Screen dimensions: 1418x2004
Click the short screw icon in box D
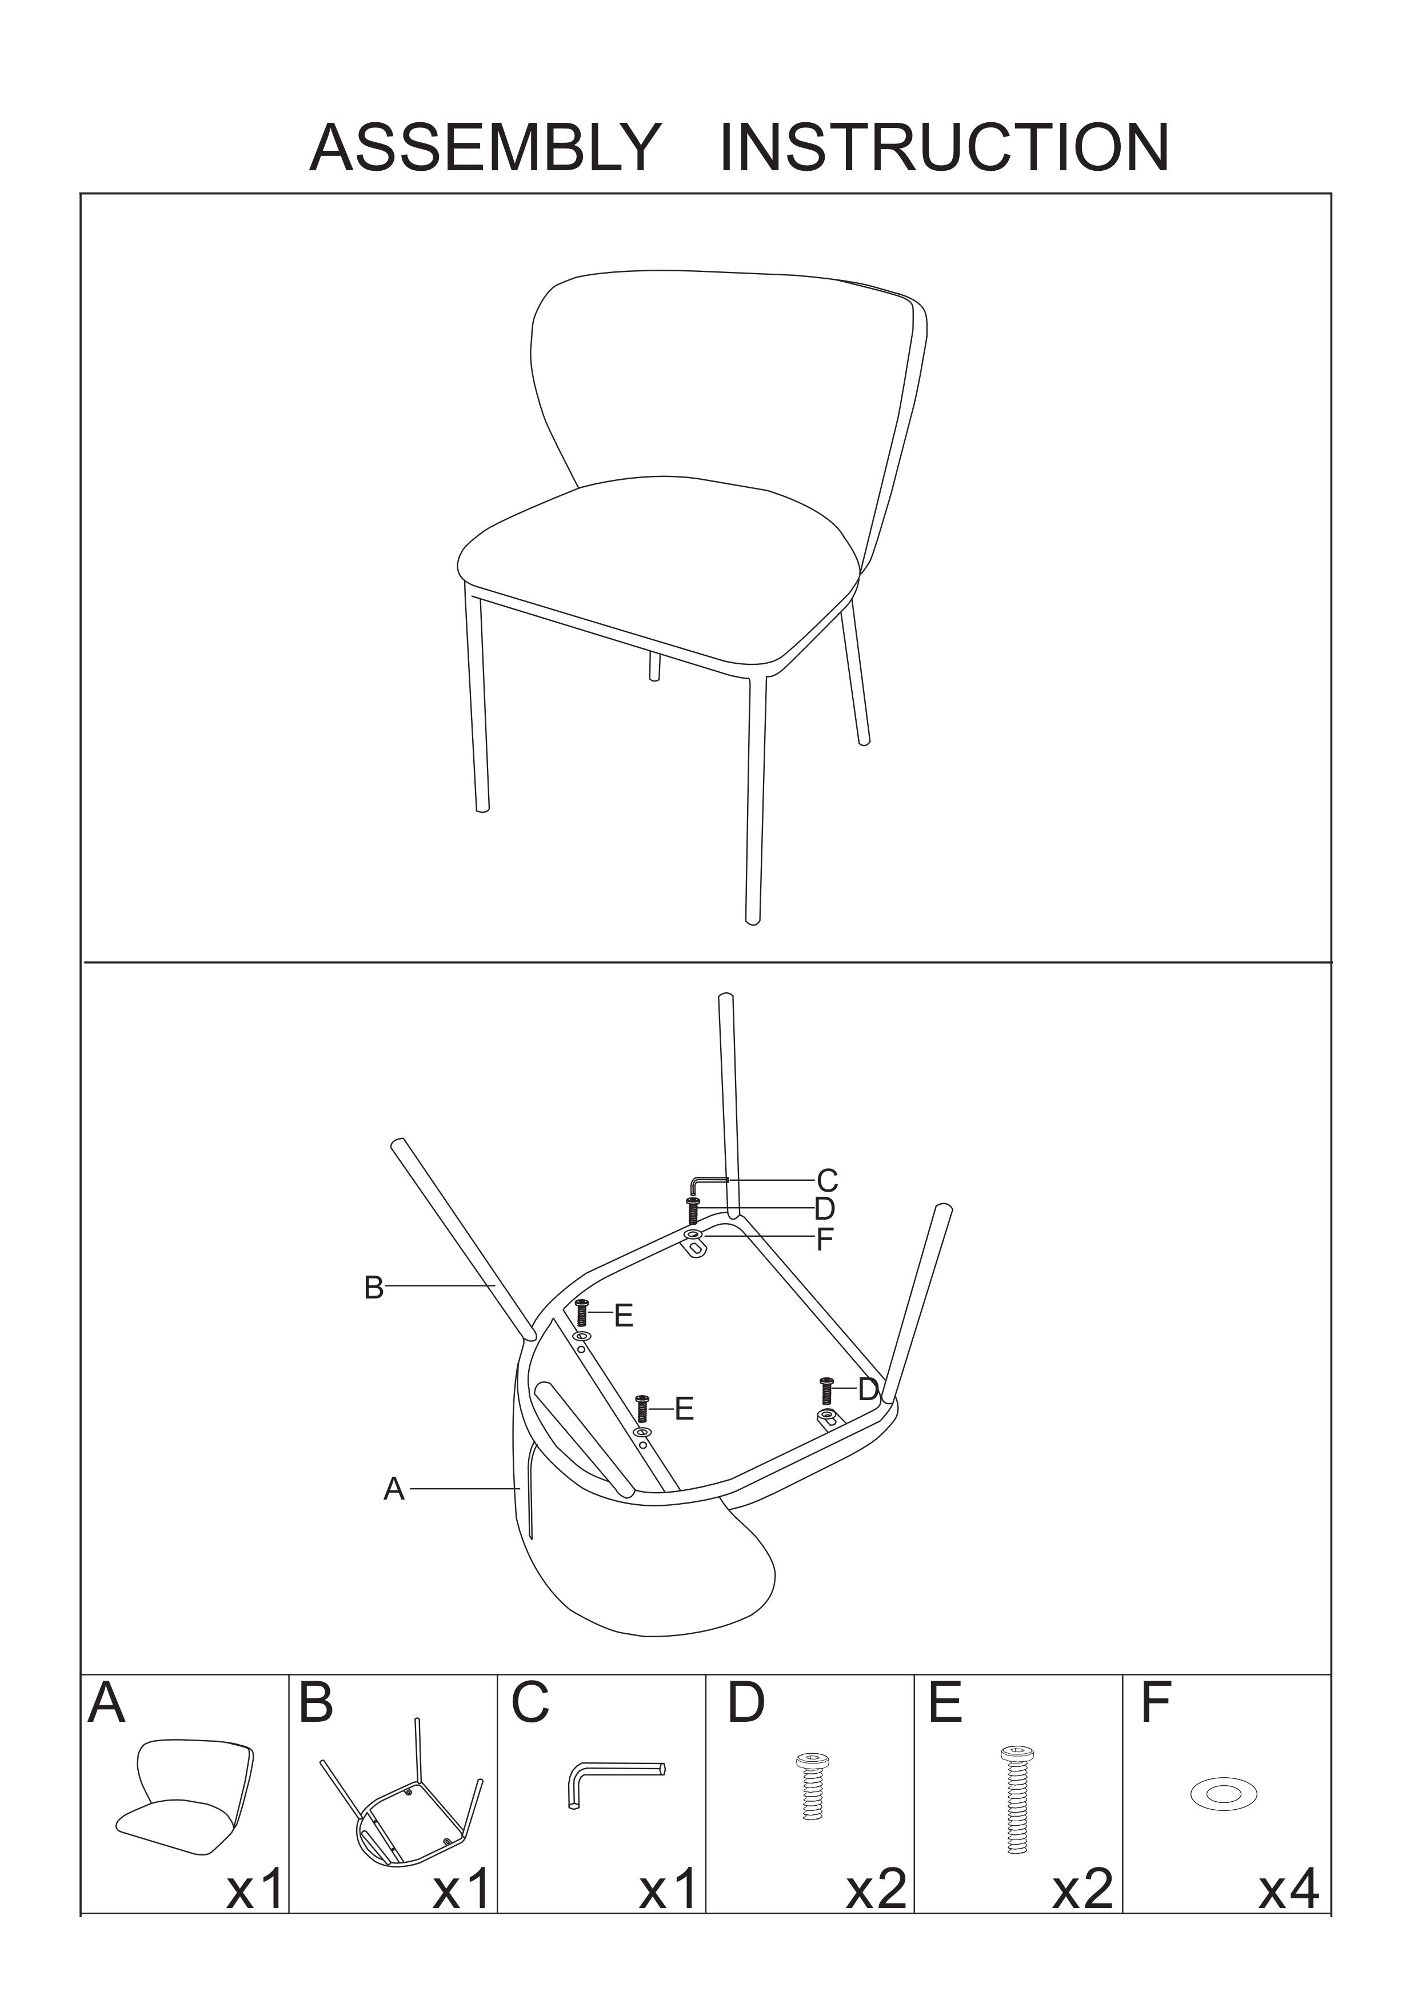tap(812, 1787)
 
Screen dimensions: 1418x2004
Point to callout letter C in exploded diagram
tap(827, 1181)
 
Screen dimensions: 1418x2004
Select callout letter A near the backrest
tap(394, 1489)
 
